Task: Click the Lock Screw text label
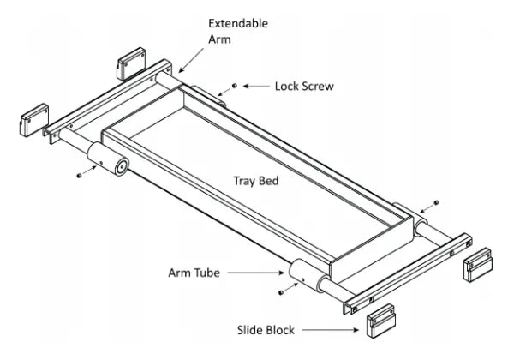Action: click(x=303, y=86)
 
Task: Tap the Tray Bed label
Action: click(x=257, y=181)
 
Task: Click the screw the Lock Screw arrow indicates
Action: click(x=234, y=86)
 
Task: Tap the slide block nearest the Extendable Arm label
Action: click(x=134, y=63)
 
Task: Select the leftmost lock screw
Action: click(x=80, y=174)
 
